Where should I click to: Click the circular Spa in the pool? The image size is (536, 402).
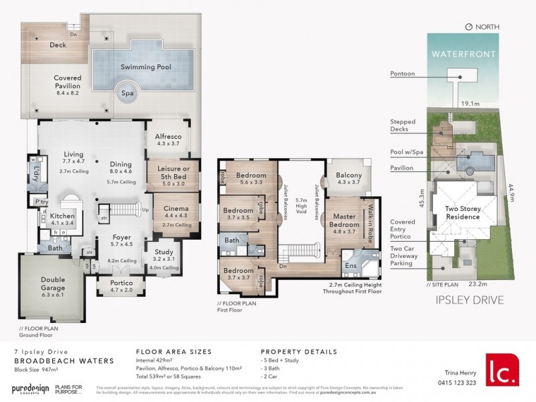(x=127, y=94)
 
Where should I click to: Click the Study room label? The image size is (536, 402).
(x=163, y=252)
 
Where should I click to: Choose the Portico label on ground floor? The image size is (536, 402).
(x=121, y=284)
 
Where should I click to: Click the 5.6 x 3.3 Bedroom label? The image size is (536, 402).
(x=251, y=178)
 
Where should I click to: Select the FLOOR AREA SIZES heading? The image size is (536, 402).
(x=174, y=351)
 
